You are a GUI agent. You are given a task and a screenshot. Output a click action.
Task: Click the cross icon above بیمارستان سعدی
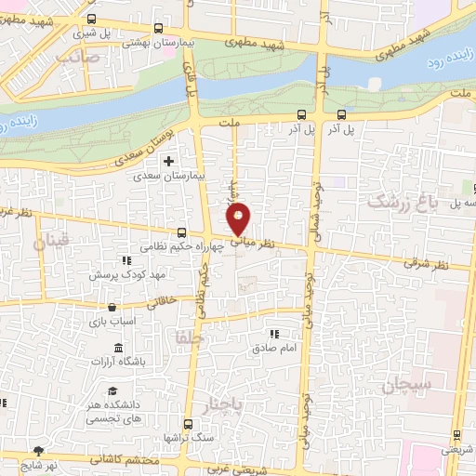[x=168, y=161]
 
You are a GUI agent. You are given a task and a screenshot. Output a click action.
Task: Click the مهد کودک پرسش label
[x=120, y=276]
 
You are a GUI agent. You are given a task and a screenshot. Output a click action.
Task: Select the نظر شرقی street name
[x=424, y=264]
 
